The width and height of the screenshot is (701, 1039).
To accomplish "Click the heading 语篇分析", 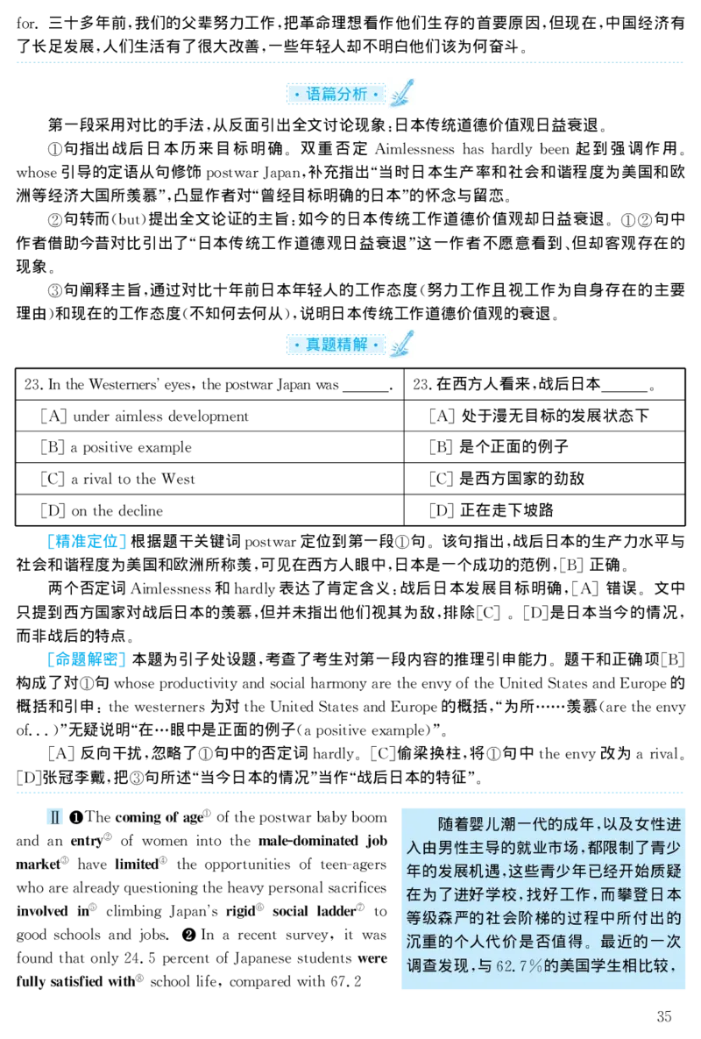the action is point(336,94).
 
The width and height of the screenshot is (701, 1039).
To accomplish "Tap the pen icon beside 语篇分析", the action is point(402,94).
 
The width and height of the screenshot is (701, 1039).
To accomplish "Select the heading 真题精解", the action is point(336,345).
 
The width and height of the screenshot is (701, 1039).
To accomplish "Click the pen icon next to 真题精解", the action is point(402,344).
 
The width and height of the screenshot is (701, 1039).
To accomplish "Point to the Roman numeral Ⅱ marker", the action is point(55,819).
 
